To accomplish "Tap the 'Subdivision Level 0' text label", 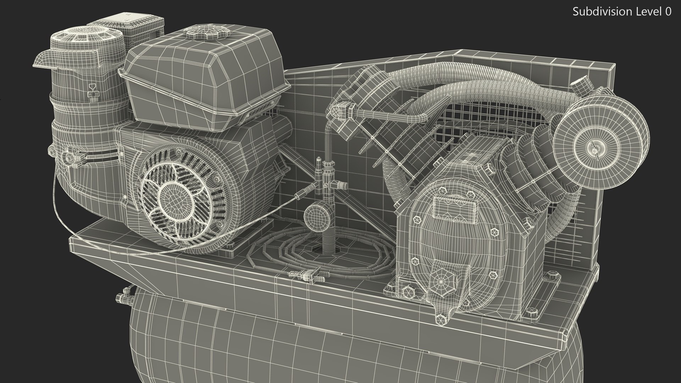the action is pyautogui.click(x=622, y=12).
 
